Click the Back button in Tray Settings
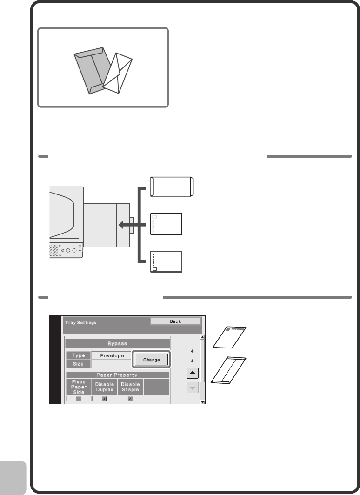tap(175, 321)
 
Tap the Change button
tap(151, 360)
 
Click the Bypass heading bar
tap(117, 343)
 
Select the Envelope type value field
tap(112, 355)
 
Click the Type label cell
tap(78, 355)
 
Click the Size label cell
tap(78, 364)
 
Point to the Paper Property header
tap(117, 375)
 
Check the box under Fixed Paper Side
tap(78, 399)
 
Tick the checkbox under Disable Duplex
tap(104, 399)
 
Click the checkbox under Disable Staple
tap(130, 399)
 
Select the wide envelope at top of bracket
tap(172, 187)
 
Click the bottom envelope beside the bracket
tap(166, 261)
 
